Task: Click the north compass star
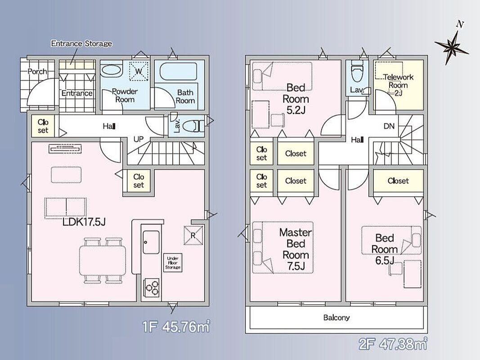(x=452, y=46)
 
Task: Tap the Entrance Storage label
(x=81, y=44)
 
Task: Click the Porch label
(x=38, y=72)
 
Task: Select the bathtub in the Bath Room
(x=179, y=71)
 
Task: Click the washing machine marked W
(x=139, y=72)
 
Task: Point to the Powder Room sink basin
(x=112, y=70)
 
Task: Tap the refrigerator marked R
(x=193, y=235)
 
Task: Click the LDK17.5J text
(x=84, y=222)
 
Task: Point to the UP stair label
(x=139, y=139)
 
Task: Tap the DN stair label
(x=389, y=126)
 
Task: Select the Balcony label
(x=336, y=317)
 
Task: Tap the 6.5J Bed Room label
(x=385, y=249)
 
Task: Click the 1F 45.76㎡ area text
(x=176, y=327)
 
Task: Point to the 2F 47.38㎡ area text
(x=393, y=344)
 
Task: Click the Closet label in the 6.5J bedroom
(x=398, y=181)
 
